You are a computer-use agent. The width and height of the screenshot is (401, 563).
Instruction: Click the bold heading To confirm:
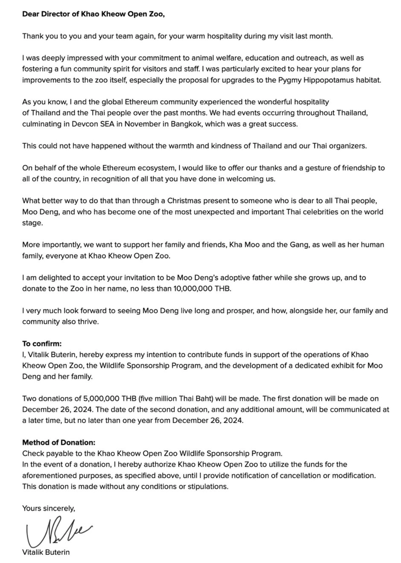[42, 344]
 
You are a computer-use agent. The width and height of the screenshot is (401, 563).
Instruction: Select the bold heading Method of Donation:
[59, 443]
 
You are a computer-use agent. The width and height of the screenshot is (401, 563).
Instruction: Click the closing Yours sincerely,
[49, 509]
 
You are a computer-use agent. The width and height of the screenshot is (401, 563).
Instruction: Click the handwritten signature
[56, 533]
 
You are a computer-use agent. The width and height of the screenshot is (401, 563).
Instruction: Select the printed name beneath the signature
[46, 552]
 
